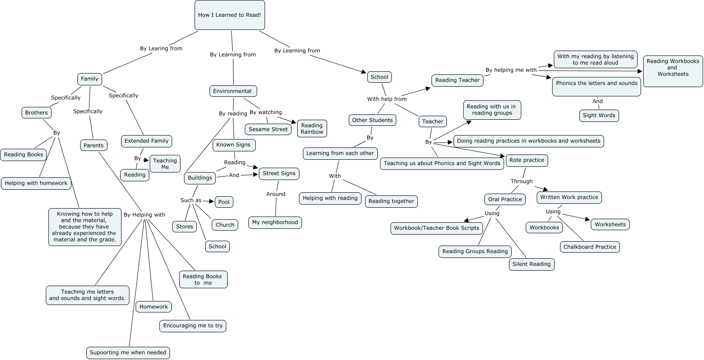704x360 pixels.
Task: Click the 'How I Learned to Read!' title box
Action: click(229, 15)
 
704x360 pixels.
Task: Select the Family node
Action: click(89, 79)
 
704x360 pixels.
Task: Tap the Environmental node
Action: click(232, 91)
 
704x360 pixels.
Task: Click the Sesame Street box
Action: click(268, 129)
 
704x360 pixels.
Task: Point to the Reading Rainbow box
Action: click(312, 129)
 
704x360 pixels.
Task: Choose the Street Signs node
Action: click(279, 173)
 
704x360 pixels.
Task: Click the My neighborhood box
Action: click(275, 222)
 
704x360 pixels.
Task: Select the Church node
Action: click(225, 225)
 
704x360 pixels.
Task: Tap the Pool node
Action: click(224, 202)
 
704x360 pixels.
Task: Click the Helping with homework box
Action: click(36, 183)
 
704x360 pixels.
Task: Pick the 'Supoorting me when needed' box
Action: click(128, 353)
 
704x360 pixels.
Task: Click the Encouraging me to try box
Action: click(193, 326)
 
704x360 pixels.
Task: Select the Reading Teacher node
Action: click(457, 80)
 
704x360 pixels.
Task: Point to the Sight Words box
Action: click(599, 115)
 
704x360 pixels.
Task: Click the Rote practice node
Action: click(527, 160)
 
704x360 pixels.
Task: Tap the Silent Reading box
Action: click(531, 264)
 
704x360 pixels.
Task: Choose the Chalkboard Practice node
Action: click(590, 247)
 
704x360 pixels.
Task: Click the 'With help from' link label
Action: click(387, 99)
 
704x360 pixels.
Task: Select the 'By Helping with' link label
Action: click(144, 215)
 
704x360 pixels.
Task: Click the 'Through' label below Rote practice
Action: click(521, 181)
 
